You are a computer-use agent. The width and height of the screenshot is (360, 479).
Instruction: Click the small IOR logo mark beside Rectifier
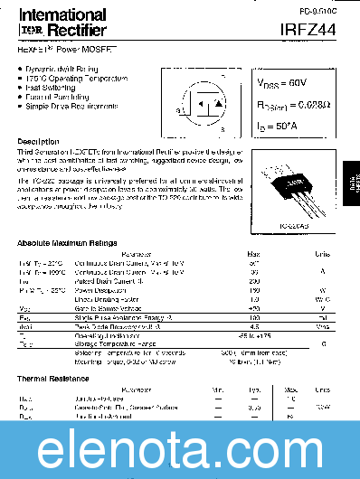pyautogui.click(x=30, y=32)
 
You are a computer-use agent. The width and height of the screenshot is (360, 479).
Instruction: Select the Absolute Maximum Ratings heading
pyautogui.click(x=67, y=244)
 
